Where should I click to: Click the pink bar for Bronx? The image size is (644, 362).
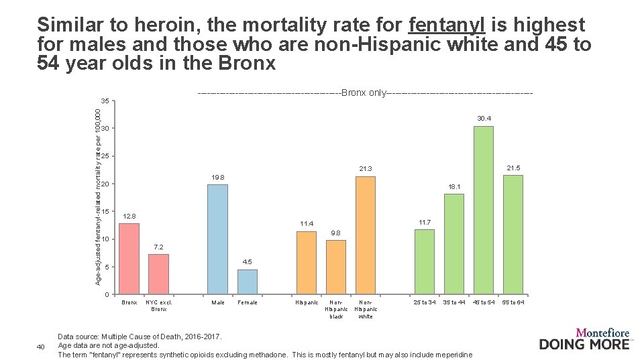129,259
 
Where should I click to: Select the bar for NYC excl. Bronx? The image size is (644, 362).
158,274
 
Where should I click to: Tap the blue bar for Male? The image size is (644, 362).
217,239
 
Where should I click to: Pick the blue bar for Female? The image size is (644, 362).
247,282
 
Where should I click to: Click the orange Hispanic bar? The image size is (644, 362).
306,263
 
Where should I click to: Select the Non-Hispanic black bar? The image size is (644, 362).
336,267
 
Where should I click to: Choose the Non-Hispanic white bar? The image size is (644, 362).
366,235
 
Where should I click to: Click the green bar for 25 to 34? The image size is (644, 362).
424,261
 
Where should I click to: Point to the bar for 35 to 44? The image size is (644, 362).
454,244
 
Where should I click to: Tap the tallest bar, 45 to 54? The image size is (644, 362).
484,210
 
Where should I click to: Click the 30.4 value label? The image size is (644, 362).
484,119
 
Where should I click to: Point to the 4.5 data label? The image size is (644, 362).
247,262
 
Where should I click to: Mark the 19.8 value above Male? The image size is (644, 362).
217,177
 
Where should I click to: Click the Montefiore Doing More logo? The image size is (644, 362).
584,339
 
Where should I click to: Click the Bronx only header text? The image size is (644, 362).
366,92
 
